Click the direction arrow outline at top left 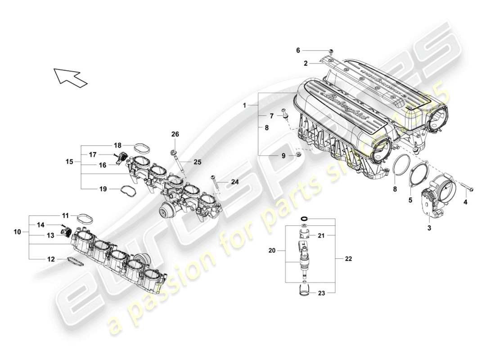pyautogui.click(x=70, y=77)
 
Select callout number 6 pyautogui.click(x=310, y=50)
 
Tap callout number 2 pyautogui.click(x=306, y=64)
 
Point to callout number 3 pyautogui.click(x=429, y=229)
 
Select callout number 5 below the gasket pyautogui.click(x=410, y=200)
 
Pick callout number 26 pyautogui.click(x=175, y=134)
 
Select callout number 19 pyautogui.click(x=103, y=189)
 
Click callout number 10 pyautogui.click(x=17, y=232)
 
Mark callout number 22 pyautogui.click(x=349, y=259)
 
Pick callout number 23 pyautogui.click(x=321, y=293)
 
